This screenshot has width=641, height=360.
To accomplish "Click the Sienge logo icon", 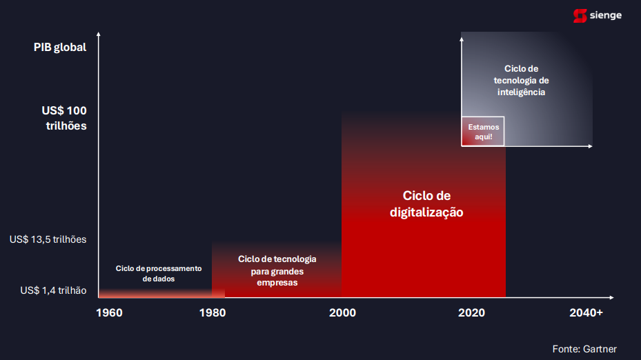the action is pyautogui.click(x=580, y=16).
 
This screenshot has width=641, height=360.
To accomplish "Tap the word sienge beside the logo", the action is pyautogui.click(x=605, y=16).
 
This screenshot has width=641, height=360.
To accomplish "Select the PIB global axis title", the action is pyautogui.click(x=60, y=48).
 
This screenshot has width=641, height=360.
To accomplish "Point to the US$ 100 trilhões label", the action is pyautogui.click(x=64, y=118).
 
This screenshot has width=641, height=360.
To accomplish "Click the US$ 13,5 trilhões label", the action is pyautogui.click(x=48, y=239).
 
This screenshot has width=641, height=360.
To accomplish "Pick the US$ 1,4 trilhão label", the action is pyautogui.click(x=53, y=290).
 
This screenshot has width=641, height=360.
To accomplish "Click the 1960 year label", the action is pyautogui.click(x=109, y=313).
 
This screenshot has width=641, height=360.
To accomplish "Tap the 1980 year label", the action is pyautogui.click(x=212, y=313).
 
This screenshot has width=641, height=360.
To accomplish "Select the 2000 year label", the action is pyautogui.click(x=342, y=313).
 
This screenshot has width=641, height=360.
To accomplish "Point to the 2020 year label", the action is pyautogui.click(x=471, y=313).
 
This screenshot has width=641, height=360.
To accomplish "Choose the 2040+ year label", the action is pyautogui.click(x=586, y=313).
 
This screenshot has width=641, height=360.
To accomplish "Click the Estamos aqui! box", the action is pyautogui.click(x=483, y=132).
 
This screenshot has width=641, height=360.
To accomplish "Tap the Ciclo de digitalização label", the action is pyautogui.click(x=426, y=204).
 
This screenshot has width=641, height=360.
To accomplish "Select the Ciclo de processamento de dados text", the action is pyautogui.click(x=159, y=274).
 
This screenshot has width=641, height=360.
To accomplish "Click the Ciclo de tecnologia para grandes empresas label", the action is pyautogui.click(x=277, y=270).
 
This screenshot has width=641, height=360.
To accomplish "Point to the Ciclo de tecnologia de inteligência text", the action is pyautogui.click(x=521, y=81).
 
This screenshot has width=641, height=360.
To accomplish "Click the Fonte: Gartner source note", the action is pyautogui.click(x=584, y=349).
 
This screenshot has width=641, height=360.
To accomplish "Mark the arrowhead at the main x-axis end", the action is pyautogui.click(x=611, y=297).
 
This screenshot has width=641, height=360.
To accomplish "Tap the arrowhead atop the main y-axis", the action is pyautogui.click(x=99, y=34).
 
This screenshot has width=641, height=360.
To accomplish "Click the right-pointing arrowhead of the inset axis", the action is pyautogui.click(x=591, y=146).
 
